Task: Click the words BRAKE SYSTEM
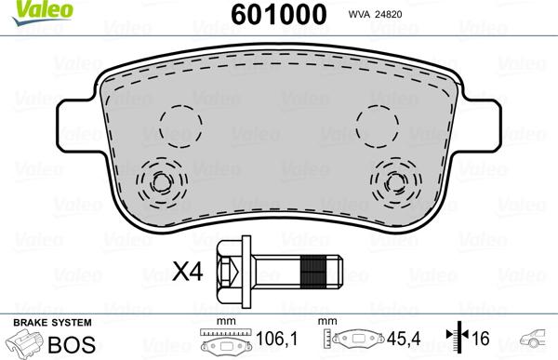pos(43,322)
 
